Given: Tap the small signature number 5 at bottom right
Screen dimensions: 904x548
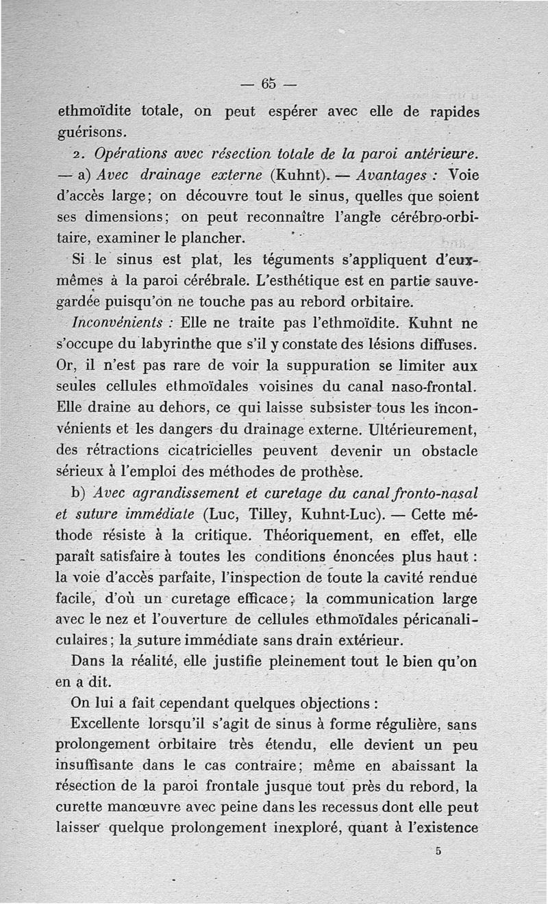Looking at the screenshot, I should (437, 851).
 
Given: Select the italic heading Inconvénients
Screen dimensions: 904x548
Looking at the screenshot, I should (116, 322).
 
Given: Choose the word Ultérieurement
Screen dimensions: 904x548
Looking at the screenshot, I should (421, 430).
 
